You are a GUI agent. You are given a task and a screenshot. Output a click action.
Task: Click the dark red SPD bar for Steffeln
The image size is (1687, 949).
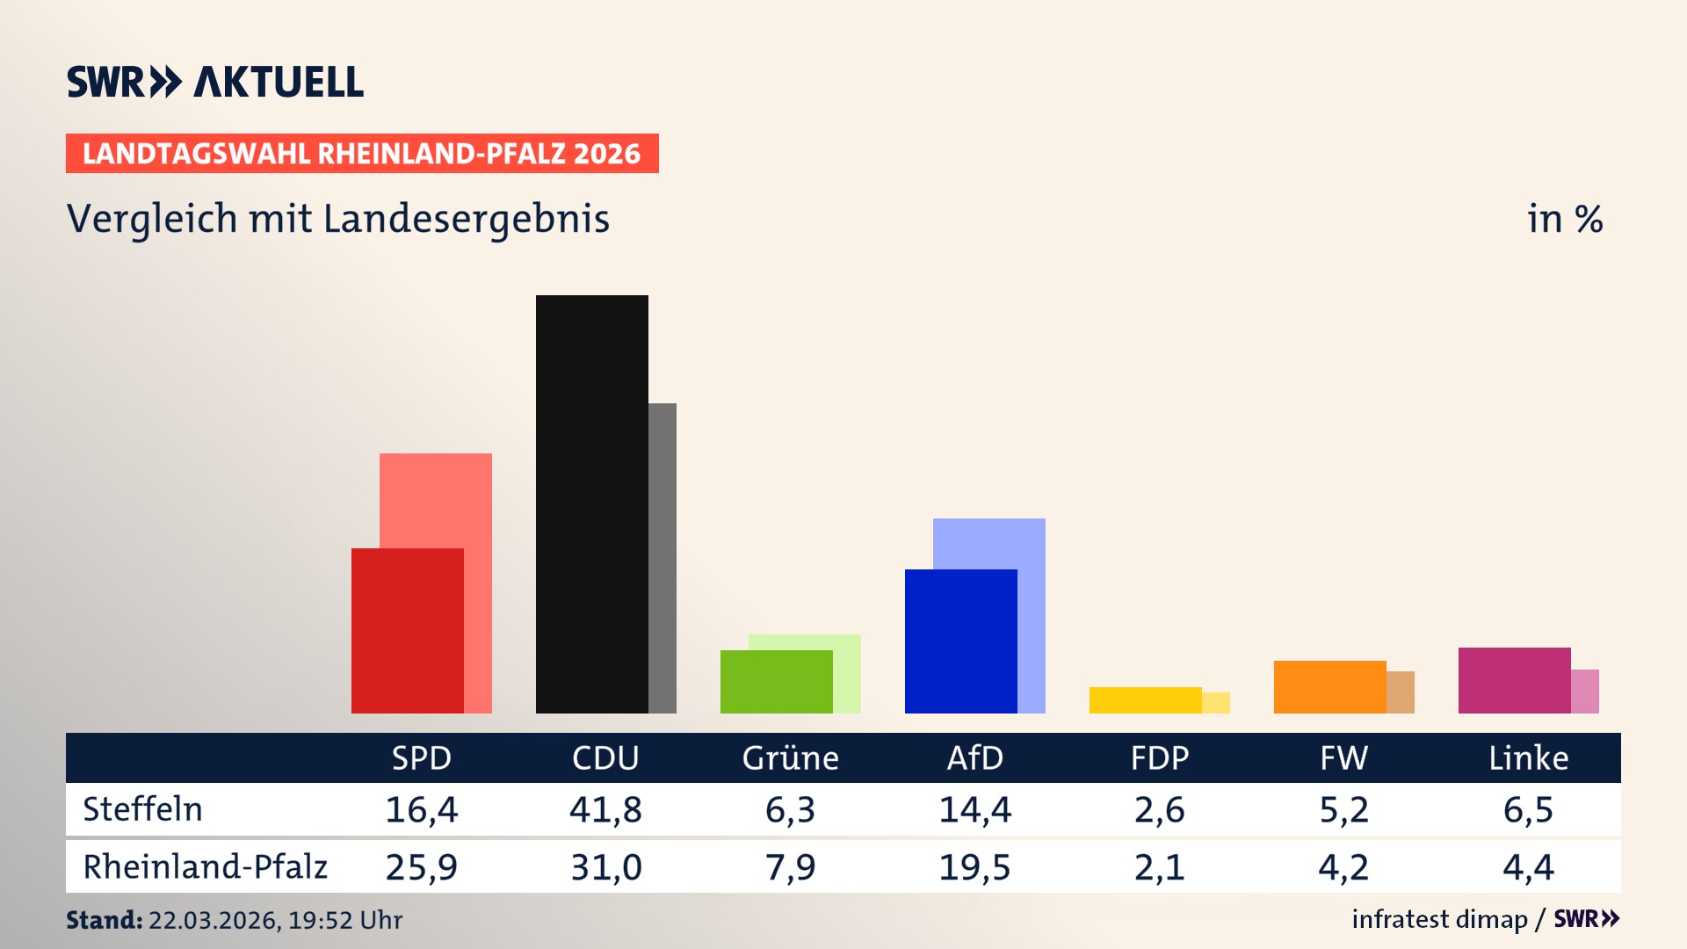[407, 630]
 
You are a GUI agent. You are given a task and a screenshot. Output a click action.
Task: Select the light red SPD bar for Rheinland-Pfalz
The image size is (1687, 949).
[477, 501]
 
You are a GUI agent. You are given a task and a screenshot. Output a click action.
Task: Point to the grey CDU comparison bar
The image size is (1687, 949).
[662, 558]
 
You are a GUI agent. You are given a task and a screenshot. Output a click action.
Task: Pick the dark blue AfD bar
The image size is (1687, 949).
[960, 641]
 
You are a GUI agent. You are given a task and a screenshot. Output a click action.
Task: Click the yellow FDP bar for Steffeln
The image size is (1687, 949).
[1145, 699]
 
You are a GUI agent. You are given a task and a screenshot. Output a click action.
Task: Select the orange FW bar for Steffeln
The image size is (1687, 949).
[1329, 686]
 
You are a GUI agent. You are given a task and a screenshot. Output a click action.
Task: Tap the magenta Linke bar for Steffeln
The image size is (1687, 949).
[1514, 680]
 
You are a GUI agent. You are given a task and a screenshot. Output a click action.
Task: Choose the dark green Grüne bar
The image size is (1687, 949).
[776, 681]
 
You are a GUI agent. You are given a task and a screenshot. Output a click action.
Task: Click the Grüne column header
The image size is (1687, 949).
[790, 757]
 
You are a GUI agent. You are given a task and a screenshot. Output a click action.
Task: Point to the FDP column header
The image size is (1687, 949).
[1159, 757]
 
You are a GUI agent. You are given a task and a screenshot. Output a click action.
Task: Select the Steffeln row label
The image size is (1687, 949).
[142, 809]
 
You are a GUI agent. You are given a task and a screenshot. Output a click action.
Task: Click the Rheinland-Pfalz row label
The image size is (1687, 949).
[205, 866]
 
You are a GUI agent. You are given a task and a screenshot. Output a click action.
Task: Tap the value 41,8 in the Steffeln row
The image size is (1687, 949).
[605, 809]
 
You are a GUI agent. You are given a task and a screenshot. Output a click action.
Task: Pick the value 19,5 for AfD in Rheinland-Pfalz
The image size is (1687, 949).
[974, 867]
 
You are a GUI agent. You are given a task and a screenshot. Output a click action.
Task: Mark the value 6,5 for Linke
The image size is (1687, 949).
[1528, 809]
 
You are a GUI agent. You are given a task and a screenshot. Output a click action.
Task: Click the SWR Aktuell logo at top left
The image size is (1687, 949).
[215, 82]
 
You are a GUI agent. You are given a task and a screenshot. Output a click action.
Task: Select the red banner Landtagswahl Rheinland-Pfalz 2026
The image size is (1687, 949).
[362, 154]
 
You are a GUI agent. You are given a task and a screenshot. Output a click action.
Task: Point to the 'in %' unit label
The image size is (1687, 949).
[1564, 219]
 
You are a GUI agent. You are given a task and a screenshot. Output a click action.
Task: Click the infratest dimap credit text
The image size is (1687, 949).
[1439, 919]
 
